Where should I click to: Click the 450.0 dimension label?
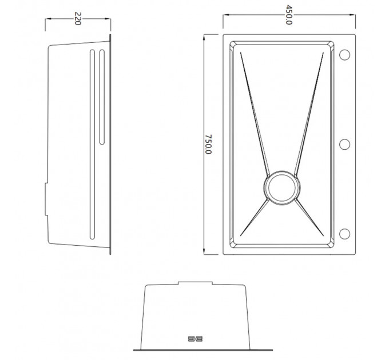click(x=289, y=15)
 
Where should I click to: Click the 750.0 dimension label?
click(x=208, y=144)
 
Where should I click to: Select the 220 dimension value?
click(x=78, y=19)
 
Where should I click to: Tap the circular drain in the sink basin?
click(x=281, y=188)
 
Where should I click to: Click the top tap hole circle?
click(x=344, y=55)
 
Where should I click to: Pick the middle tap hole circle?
click(x=344, y=144)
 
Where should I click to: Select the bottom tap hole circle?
click(x=344, y=234)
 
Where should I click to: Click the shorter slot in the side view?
click(x=102, y=97)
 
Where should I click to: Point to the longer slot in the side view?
click(x=92, y=145)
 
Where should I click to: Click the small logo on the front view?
click(x=195, y=339)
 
